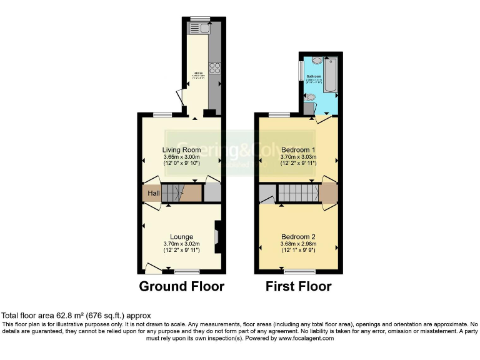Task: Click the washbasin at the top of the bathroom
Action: click(x=317, y=61)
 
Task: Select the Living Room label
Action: click(x=181, y=150)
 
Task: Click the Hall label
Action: click(x=153, y=193)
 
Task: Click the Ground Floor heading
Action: click(x=181, y=287)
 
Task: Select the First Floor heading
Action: click(x=298, y=287)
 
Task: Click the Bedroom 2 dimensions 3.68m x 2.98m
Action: click(x=298, y=244)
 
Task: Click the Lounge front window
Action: click(x=187, y=271)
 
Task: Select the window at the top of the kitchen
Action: click(x=200, y=18)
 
